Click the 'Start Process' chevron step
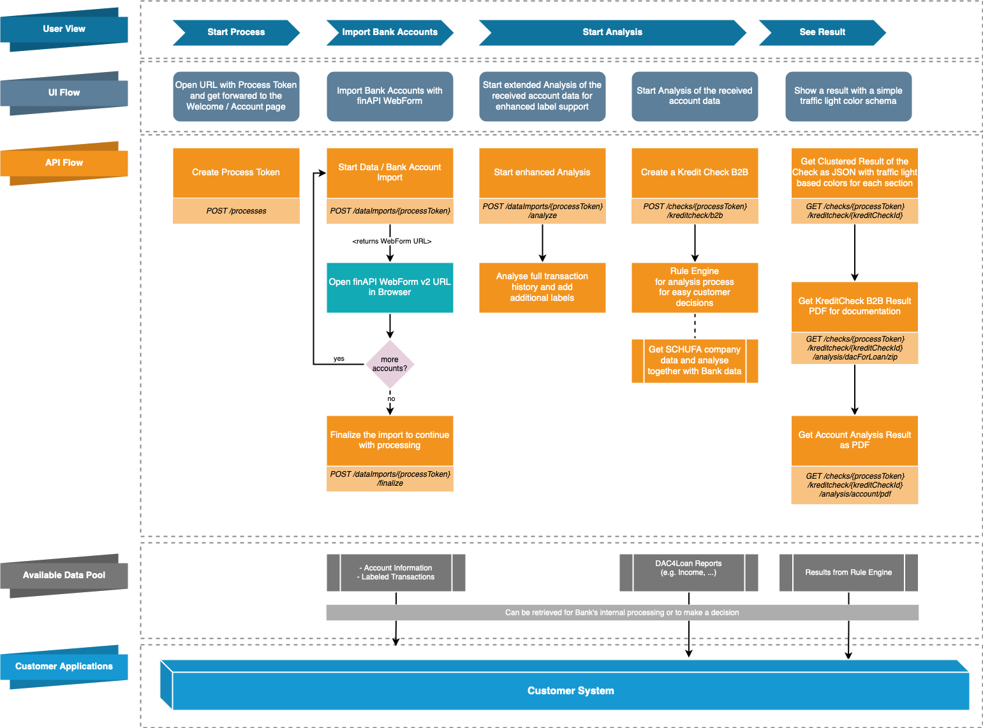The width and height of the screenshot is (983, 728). point(236,33)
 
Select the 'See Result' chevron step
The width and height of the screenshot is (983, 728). point(822,33)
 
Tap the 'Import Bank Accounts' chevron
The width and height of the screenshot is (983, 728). point(390,33)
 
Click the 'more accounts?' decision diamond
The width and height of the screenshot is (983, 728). point(390,364)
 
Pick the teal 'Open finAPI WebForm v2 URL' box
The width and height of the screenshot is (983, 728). point(390,288)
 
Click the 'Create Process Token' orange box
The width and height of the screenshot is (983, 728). point(236,173)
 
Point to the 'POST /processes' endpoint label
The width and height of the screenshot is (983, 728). point(236,211)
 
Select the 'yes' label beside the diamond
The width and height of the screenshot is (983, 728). point(339,359)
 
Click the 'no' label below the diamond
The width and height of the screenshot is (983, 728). point(391,399)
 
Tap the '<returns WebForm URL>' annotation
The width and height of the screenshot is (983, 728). point(392,242)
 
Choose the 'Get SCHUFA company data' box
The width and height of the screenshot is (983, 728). point(695,361)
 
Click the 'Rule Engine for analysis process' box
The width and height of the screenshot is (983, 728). point(695,288)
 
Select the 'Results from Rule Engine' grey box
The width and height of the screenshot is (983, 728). point(848,572)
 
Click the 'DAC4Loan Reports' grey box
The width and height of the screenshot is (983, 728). point(688,572)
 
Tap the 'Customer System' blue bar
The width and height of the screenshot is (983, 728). point(570,691)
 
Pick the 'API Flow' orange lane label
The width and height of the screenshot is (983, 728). point(64,163)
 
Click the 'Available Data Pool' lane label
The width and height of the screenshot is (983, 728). point(64,575)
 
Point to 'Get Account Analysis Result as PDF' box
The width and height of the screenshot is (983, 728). point(854,440)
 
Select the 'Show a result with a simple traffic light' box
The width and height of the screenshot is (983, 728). point(848,96)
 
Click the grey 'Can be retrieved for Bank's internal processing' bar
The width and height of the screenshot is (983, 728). point(622,613)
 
